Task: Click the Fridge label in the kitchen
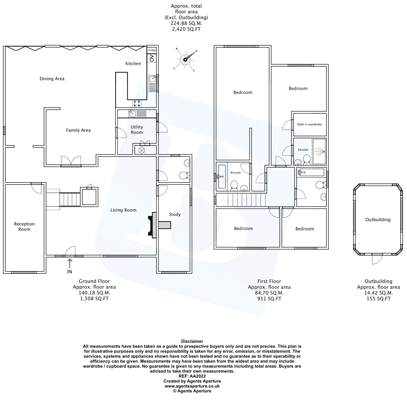click(152, 50)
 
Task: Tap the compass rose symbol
click(185, 60)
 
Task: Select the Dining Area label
click(52, 79)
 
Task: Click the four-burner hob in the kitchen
click(137, 103)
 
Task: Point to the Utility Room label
click(137, 130)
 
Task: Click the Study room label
click(175, 214)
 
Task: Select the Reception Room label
click(24, 227)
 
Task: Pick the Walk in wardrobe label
click(309, 124)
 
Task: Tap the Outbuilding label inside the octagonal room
click(378, 220)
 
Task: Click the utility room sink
click(132, 113)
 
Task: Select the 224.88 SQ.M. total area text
click(186, 23)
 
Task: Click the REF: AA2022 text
click(192, 376)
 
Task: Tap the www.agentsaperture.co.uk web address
click(192, 386)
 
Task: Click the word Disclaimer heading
click(192, 341)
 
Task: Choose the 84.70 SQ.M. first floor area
click(269, 293)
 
